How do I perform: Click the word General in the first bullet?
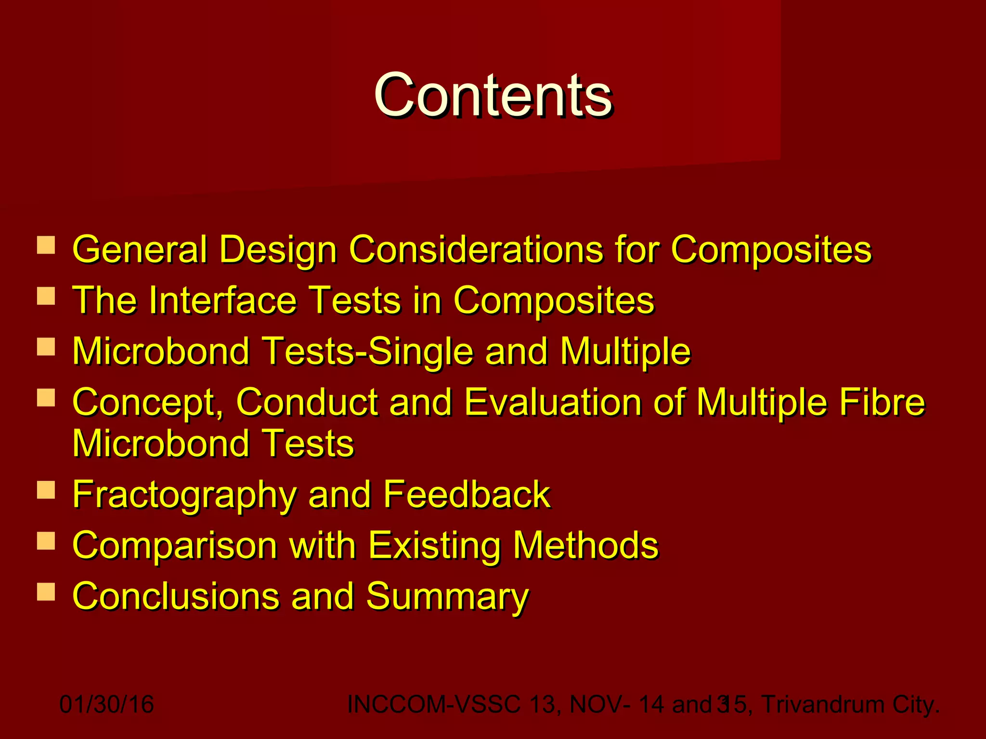140,249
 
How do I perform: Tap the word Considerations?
476,249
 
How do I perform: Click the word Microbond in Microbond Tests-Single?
161,351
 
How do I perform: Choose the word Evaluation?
553,402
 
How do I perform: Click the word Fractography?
184,495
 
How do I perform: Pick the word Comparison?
174,546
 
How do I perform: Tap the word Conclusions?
175,597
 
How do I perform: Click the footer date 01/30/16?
106,704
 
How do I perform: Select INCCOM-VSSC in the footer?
433,704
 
